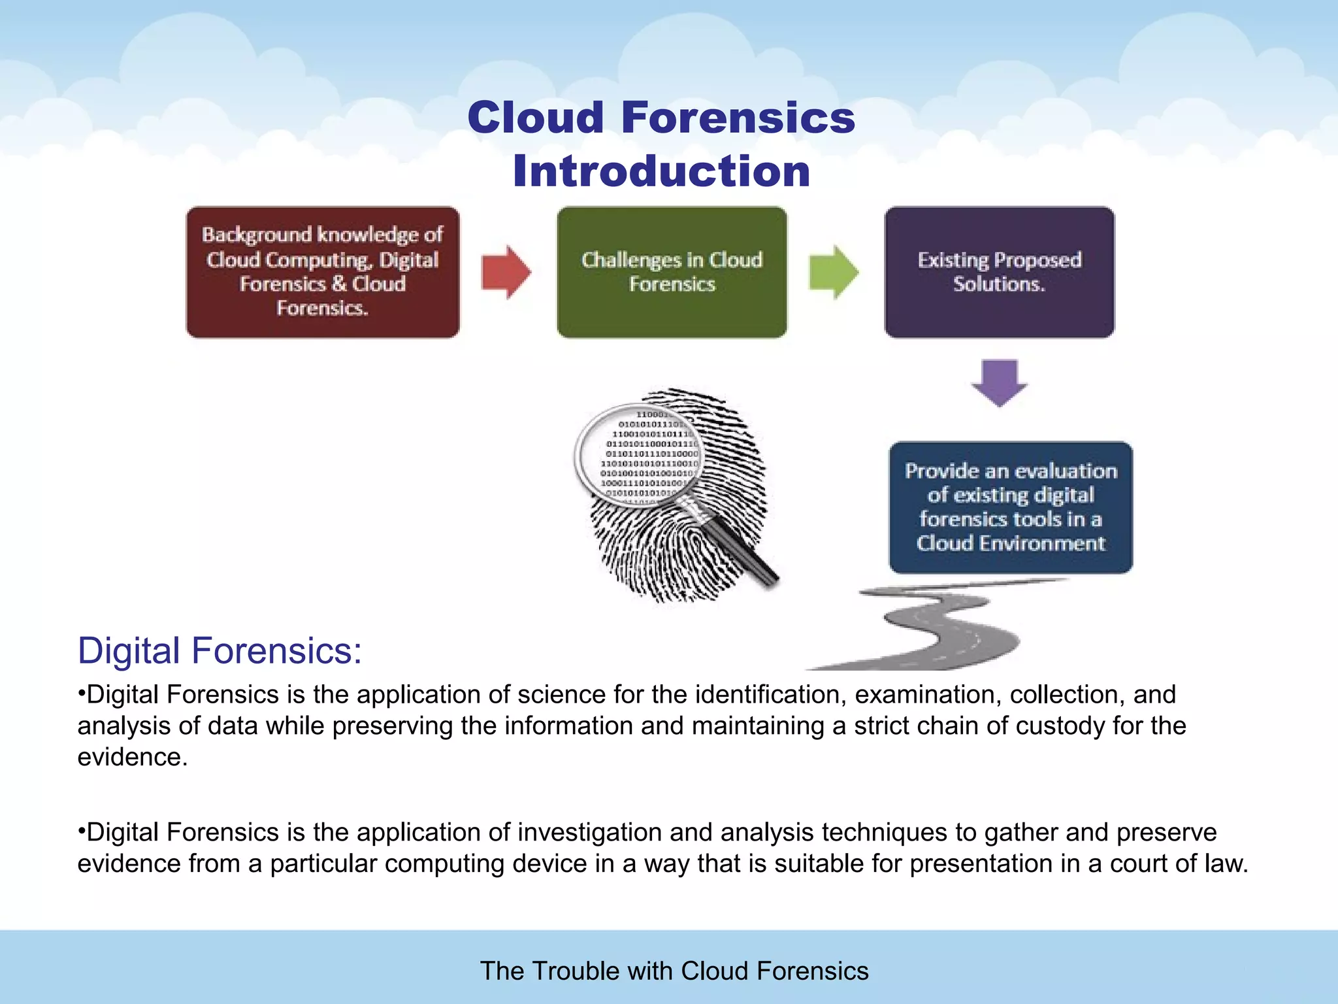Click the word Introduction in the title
click(x=661, y=171)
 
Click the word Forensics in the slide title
click(x=738, y=118)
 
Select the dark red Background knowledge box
click(x=323, y=272)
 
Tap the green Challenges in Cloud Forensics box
click(x=672, y=272)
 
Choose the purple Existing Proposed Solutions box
click(x=999, y=272)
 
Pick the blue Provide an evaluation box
click(x=1010, y=507)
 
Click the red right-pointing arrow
click(x=506, y=272)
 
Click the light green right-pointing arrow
click(x=833, y=272)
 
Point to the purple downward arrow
click(x=999, y=382)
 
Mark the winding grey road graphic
click(x=941, y=627)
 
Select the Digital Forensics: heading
click(x=220, y=651)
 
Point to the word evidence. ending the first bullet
click(x=133, y=758)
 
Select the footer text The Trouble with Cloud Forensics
click(x=674, y=971)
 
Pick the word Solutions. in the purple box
click(x=999, y=284)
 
